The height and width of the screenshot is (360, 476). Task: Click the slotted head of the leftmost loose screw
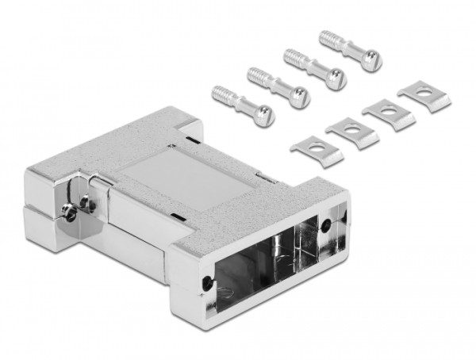[265, 116]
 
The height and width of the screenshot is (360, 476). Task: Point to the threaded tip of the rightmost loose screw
[325, 36]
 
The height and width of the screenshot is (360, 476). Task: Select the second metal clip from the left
[353, 130]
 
